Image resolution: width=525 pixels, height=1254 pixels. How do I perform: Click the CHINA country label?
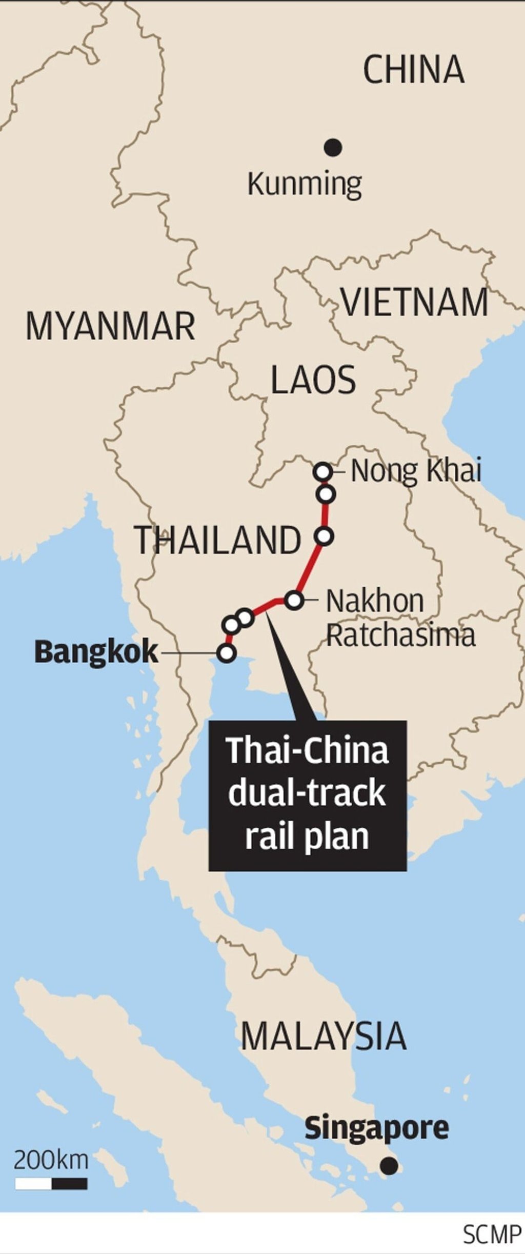[x=413, y=70]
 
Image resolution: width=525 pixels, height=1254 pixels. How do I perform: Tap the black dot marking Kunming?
[x=333, y=148]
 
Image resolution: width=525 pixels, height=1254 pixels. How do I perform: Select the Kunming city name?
[x=305, y=185]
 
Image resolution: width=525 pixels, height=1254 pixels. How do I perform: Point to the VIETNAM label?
[x=415, y=303]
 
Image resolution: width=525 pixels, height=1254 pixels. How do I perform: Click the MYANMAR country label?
[x=110, y=326]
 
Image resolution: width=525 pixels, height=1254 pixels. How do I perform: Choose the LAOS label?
[x=313, y=380]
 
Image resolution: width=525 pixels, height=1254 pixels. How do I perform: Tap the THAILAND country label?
[x=218, y=540]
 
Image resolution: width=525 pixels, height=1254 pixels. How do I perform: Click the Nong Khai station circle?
[x=323, y=471]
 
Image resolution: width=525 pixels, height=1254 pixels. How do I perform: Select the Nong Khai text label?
[x=416, y=471]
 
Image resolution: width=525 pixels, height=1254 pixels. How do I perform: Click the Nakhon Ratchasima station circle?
[x=294, y=600]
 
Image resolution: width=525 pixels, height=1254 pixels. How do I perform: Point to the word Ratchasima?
[x=400, y=635]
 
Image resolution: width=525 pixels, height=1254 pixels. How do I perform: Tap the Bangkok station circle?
[x=226, y=653]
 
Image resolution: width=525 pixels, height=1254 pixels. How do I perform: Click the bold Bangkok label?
[x=96, y=652]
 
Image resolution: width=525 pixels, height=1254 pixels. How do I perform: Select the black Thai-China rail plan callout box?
[x=307, y=795]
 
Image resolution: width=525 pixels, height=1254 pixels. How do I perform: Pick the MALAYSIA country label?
[x=323, y=1036]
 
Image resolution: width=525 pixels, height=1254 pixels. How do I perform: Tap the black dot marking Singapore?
[x=389, y=1166]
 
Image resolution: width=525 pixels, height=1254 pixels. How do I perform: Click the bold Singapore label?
[x=376, y=1128]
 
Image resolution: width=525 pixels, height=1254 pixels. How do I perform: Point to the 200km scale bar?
[x=51, y=1184]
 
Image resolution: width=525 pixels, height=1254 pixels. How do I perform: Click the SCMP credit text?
[x=492, y=1235]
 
